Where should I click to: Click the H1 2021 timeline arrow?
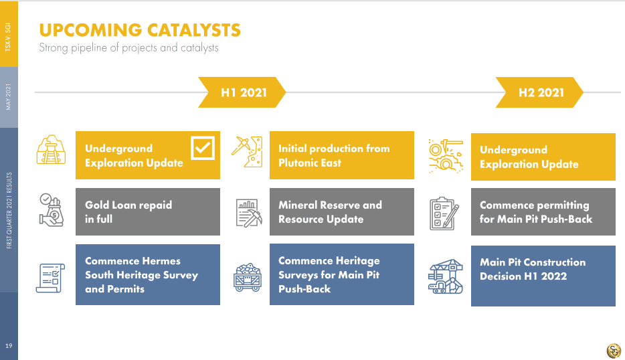pyautogui.click(x=242, y=92)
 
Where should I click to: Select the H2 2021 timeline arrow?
pyautogui.click(x=539, y=92)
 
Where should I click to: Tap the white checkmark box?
pyautogui.click(x=203, y=148)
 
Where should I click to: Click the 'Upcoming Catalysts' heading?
pyautogui.click(x=140, y=30)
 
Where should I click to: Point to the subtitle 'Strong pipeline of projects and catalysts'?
pyautogui.click(x=128, y=48)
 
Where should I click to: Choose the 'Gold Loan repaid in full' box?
pyautogui.click(x=148, y=211)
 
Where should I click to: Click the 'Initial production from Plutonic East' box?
pyautogui.click(x=341, y=155)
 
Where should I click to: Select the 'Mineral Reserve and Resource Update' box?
pyautogui.click(x=341, y=211)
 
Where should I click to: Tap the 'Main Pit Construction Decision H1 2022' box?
pyautogui.click(x=543, y=276)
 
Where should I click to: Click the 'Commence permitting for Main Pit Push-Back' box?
pyautogui.click(x=543, y=211)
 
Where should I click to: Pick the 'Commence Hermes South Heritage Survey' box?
pyautogui.click(x=148, y=275)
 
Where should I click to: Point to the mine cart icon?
pyautogui.click(x=248, y=277)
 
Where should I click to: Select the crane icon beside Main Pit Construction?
pyautogui.click(x=446, y=276)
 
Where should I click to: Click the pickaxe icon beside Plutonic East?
pyautogui.click(x=247, y=151)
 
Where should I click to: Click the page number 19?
pyautogui.click(x=9, y=346)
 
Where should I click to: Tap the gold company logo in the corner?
pyautogui.click(x=614, y=351)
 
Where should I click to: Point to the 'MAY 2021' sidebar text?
pyautogui.click(x=9, y=97)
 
